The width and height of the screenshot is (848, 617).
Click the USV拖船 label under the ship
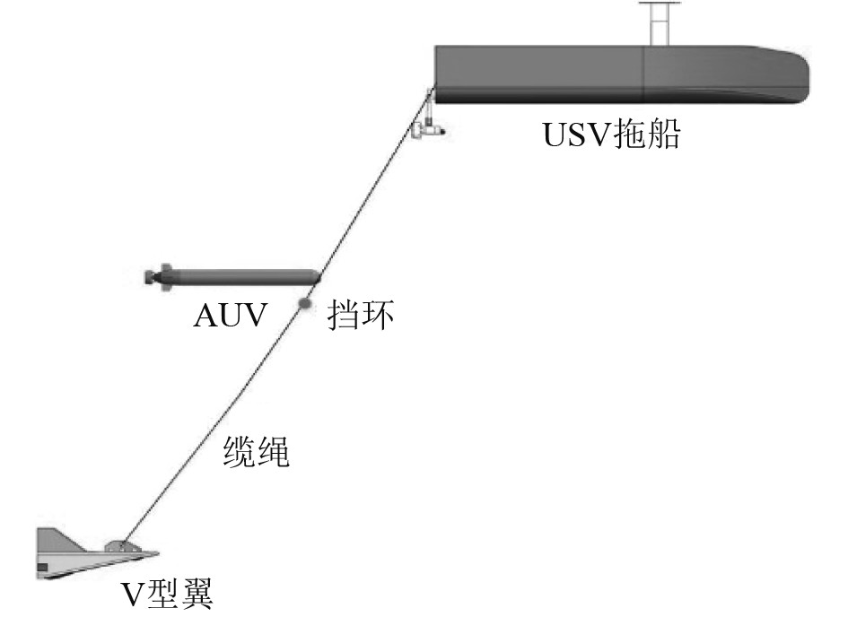612,136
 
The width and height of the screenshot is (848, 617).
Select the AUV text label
230,317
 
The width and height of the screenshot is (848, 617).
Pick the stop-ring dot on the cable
305,305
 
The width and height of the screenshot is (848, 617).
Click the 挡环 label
361,316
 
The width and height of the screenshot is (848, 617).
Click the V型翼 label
169,595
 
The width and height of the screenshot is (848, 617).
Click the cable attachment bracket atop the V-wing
119,544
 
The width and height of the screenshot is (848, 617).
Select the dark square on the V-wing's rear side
41,568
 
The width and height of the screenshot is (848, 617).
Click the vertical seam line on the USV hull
643,76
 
